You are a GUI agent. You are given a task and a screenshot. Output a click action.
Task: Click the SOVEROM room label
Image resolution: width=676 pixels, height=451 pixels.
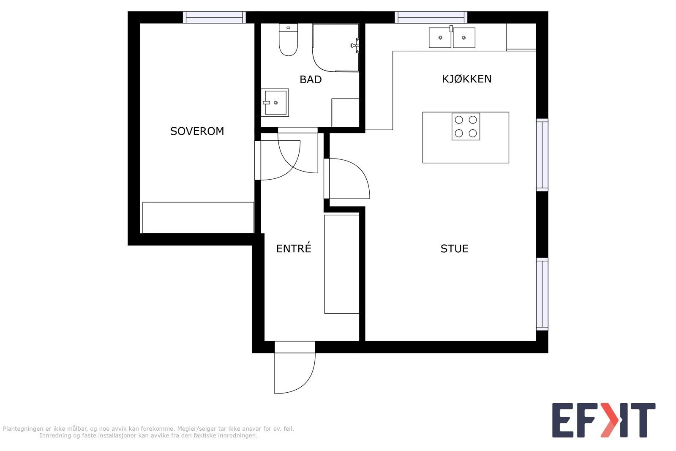[x=197, y=131]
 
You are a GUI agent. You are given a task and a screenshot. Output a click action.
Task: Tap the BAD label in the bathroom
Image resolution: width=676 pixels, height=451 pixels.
[x=311, y=80]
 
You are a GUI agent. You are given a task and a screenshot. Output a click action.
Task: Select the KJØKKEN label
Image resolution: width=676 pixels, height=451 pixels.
[x=466, y=79]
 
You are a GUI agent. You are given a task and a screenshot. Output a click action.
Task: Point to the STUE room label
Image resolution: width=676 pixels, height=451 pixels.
[x=455, y=249]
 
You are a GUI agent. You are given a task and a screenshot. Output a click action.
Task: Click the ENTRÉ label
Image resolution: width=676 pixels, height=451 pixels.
[x=294, y=248]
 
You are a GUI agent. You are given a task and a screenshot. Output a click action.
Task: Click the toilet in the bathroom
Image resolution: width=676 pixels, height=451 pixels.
[x=288, y=40]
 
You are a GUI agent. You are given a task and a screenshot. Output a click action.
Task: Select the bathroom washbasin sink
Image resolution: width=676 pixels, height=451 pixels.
[x=275, y=103]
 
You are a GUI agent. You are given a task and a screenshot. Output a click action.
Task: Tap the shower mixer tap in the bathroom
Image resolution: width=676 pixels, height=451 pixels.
[x=355, y=46]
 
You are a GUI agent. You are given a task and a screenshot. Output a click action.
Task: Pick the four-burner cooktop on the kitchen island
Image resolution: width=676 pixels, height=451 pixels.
[x=466, y=126]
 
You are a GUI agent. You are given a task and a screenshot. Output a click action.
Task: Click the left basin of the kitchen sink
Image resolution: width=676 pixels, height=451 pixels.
[x=440, y=38]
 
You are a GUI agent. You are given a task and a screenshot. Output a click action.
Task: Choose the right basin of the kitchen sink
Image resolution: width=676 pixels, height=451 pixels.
[x=464, y=38]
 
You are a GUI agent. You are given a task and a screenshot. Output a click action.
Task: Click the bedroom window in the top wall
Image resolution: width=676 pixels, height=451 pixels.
[x=214, y=17]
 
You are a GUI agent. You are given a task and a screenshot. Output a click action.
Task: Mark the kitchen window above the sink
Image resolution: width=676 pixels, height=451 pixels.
[x=431, y=17]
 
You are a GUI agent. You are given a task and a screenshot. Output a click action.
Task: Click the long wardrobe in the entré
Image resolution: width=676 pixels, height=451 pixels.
[x=342, y=264]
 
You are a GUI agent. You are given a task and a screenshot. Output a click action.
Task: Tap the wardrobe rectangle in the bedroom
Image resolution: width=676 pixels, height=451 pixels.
[x=198, y=218]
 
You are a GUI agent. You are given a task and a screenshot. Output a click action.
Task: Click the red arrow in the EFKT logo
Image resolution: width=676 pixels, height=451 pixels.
[x=609, y=420]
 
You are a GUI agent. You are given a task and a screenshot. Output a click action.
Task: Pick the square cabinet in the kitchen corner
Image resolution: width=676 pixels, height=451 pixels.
[x=521, y=36]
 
